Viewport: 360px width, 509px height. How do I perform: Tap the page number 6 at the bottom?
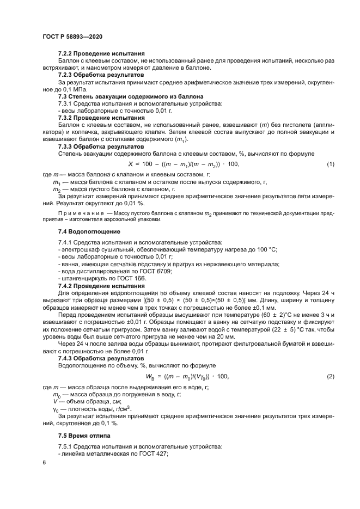[x=44, y=463]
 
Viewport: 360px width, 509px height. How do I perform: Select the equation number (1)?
[x=330, y=164]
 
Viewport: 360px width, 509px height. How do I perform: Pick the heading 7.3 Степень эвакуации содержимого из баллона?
[x=124, y=95]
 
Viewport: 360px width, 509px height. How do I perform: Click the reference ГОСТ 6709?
[x=158, y=271]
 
